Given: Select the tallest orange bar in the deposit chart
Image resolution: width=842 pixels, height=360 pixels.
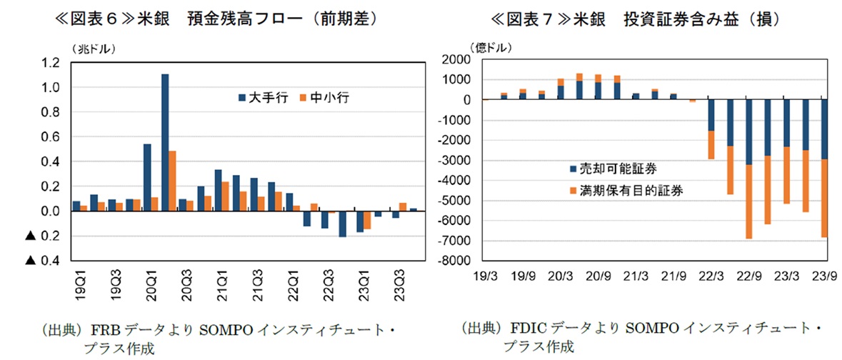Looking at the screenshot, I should [x=173, y=180].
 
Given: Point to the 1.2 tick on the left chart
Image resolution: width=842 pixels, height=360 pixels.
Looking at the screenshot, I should [x=50, y=63].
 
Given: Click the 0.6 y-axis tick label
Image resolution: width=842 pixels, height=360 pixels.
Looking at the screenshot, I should [x=50, y=137].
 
